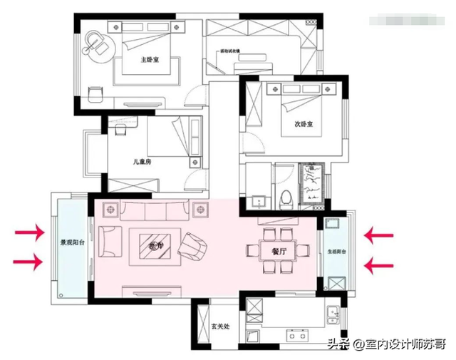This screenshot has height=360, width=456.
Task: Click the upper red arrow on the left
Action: tap(28, 232)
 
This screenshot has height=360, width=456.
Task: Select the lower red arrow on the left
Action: tap(28, 262)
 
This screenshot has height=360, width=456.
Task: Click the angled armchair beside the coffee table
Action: tap(195, 247)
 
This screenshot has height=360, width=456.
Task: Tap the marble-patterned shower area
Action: tap(311, 183)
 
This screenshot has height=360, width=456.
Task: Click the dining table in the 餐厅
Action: tap(279, 250)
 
